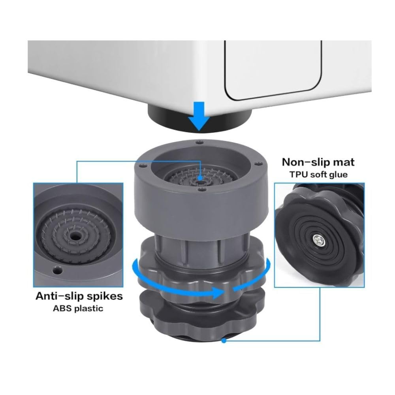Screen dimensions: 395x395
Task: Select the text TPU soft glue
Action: [318, 174]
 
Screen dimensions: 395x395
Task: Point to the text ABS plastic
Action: [78, 308]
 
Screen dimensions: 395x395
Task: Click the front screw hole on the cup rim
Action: [202, 191]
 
